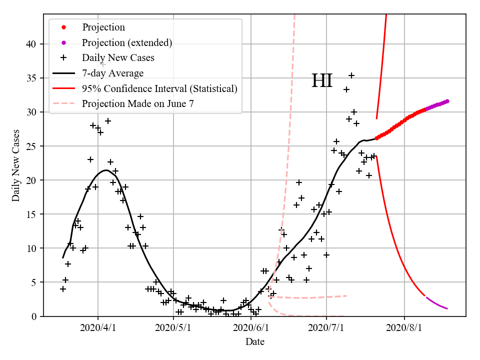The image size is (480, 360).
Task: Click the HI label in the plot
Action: [x=322, y=81]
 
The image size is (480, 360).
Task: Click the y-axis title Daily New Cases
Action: [x=16, y=165]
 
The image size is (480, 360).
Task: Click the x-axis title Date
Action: [x=254, y=342]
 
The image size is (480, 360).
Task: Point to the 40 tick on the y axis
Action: [x=32, y=44]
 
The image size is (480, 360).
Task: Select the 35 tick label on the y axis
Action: [x=32, y=78]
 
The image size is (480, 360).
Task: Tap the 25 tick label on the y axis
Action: [x=32, y=146]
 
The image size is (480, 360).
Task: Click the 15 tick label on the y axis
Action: [x=32, y=214]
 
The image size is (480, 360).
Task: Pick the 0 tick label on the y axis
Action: [x=34, y=316]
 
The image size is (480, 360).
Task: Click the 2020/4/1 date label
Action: [x=98, y=328]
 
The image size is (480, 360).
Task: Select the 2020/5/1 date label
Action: [x=174, y=328]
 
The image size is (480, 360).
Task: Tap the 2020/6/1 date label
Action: [x=250, y=328]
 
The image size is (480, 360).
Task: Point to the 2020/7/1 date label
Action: [x=326, y=328]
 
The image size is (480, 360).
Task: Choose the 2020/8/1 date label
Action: [x=405, y=328]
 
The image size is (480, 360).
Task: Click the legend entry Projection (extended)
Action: [x=127, y=42]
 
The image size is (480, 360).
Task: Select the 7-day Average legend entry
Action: [x=112, y=73]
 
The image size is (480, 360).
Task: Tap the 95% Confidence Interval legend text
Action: [x=159, y=89]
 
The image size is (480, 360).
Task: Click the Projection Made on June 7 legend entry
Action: [x=137, y=104]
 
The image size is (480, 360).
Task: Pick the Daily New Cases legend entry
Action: [x=118, y=58]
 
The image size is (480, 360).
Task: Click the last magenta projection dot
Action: [x=447, y=101]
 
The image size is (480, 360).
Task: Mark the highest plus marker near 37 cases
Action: [x=103, y=64]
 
